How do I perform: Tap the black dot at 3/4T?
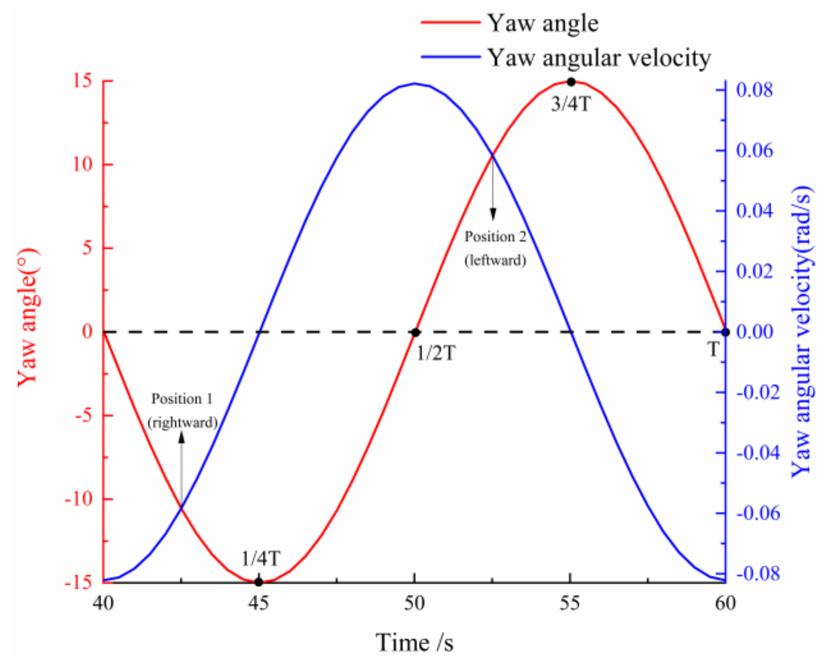(x=571, y=82)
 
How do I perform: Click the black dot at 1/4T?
(x=259, y=582)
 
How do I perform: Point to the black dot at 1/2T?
(x=415, y=332)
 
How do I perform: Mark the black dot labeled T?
(x=726, y=332)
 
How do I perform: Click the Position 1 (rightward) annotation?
(x=182, y=411)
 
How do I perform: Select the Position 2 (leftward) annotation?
(x=495, y=248)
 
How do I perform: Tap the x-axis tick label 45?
(x=259, y=603)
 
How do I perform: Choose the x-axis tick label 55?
(x=569, y=603)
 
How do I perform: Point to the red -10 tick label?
(x=79, y=499)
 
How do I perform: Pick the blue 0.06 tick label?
(x=755, y=151)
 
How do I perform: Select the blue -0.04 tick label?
(x=758, y=453)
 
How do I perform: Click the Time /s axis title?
(x=414, y=643)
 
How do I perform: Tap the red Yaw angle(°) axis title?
(x=28, y=317)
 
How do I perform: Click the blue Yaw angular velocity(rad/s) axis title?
(x=802, y=332)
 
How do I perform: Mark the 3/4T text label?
(x=571, y=104)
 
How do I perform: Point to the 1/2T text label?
(x=436, y=353)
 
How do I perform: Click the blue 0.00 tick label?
(x=755, y=332)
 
